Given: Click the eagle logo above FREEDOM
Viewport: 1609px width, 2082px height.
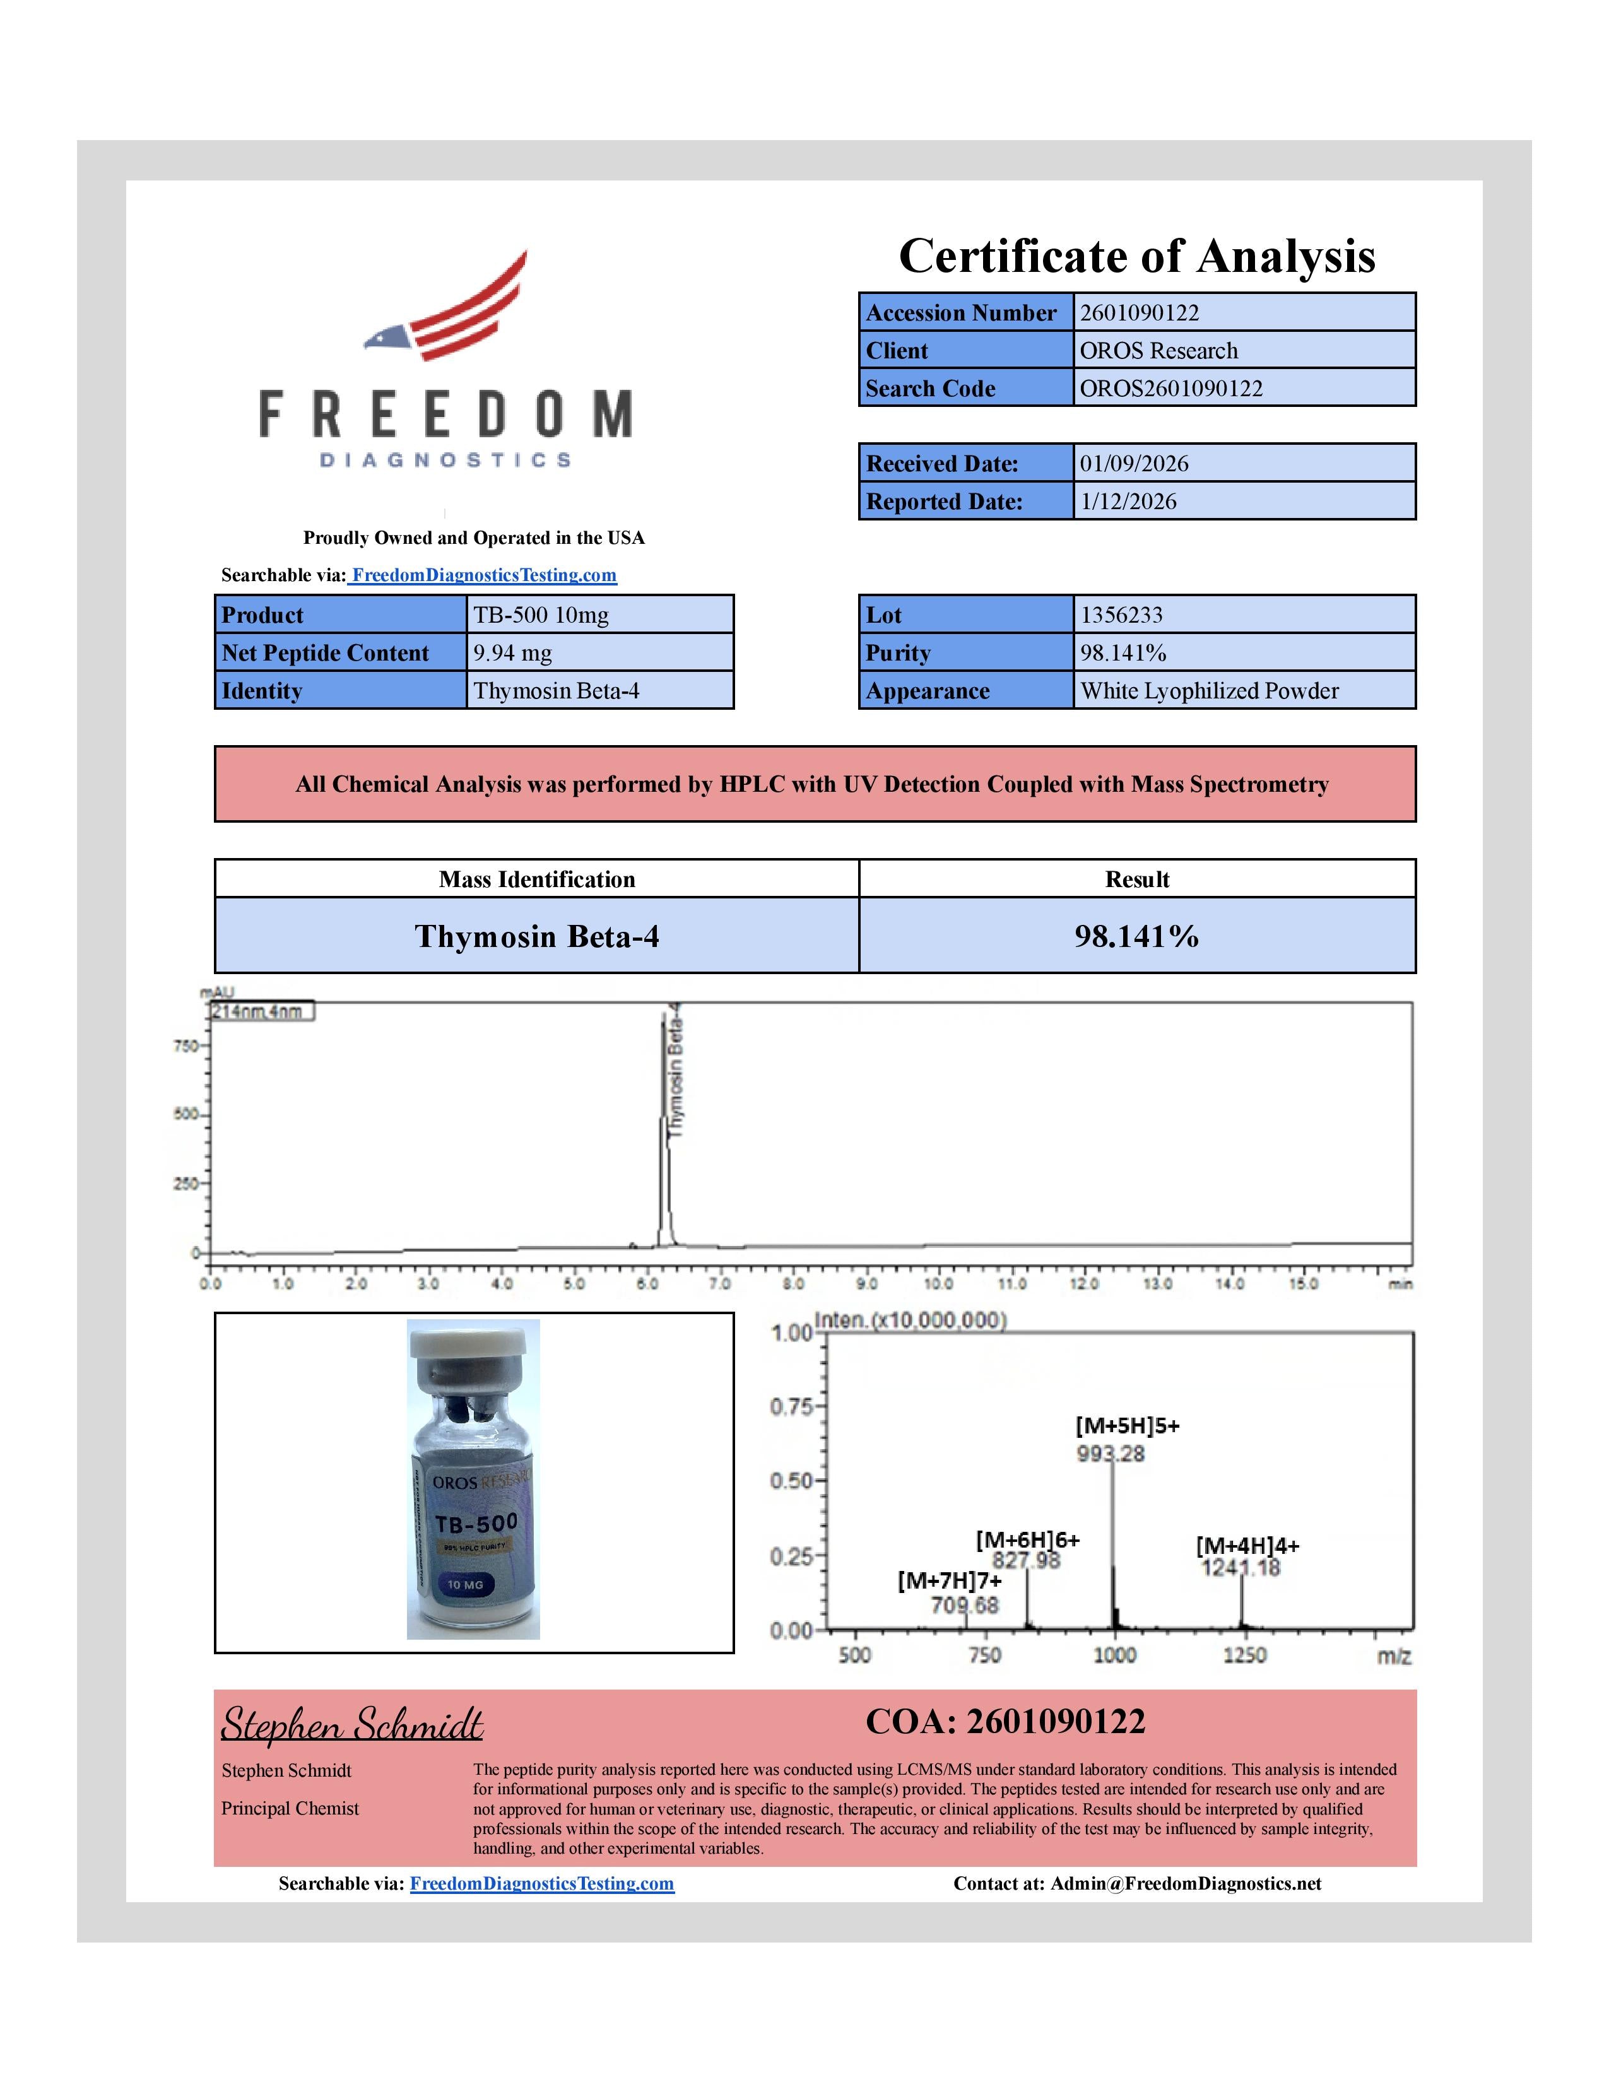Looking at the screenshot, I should [x=446, y=307].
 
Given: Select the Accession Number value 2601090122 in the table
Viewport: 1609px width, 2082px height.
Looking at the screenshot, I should [x=1138, y=313].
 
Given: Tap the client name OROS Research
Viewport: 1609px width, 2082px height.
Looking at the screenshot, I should [x=1157, y=351].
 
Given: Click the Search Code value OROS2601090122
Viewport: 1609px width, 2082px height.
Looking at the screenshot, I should [x=1170, y=388].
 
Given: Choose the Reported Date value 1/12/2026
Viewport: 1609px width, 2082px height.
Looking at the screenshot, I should [x=1127, y=502].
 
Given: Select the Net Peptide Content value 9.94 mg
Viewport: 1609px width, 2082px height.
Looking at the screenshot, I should [x=512, y=653].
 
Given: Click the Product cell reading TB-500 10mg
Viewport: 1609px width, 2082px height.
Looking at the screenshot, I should [x=541, y=615].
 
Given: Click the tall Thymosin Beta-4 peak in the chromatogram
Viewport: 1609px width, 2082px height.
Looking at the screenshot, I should [x=663, y=1125].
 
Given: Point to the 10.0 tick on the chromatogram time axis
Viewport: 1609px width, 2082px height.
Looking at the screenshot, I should [x=938, y=1283].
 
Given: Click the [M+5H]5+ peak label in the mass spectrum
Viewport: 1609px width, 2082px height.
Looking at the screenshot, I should [x=1127, y=1425].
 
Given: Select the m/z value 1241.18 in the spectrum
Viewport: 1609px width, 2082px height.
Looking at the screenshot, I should [x=1240, y=1568].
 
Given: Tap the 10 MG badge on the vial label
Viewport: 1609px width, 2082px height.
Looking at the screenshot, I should [x=465, y=1584].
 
